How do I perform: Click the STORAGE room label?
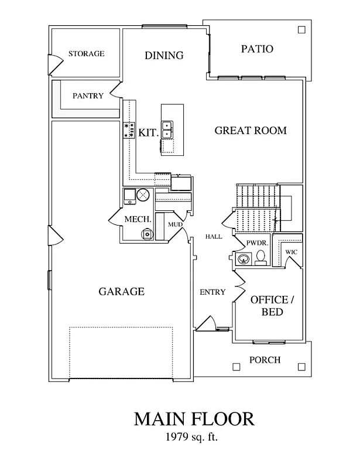(x=86, y=54)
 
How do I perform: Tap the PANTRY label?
(x=88, y=96)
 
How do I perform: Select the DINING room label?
(x=164, y=56)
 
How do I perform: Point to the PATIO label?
(x=257, y=49)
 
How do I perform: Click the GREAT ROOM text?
(x=251, y=130)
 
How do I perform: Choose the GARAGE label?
(x=121, y=291)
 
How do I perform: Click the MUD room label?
(x=175, y=224)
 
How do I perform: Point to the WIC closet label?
(x=291, y=252)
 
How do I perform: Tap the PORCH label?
(x=265, y=360)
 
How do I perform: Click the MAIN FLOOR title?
(x=194, y=420)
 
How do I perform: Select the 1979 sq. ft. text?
(x=194, y=437)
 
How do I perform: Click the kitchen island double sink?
(x=168, y=129)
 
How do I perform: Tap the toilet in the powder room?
(x=261, y=257)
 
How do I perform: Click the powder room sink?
(x=243, y=258)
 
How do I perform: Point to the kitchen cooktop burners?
(x=129, y=130)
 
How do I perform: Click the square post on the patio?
(x=301, y=29)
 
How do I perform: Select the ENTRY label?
(x=212, y=292)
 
